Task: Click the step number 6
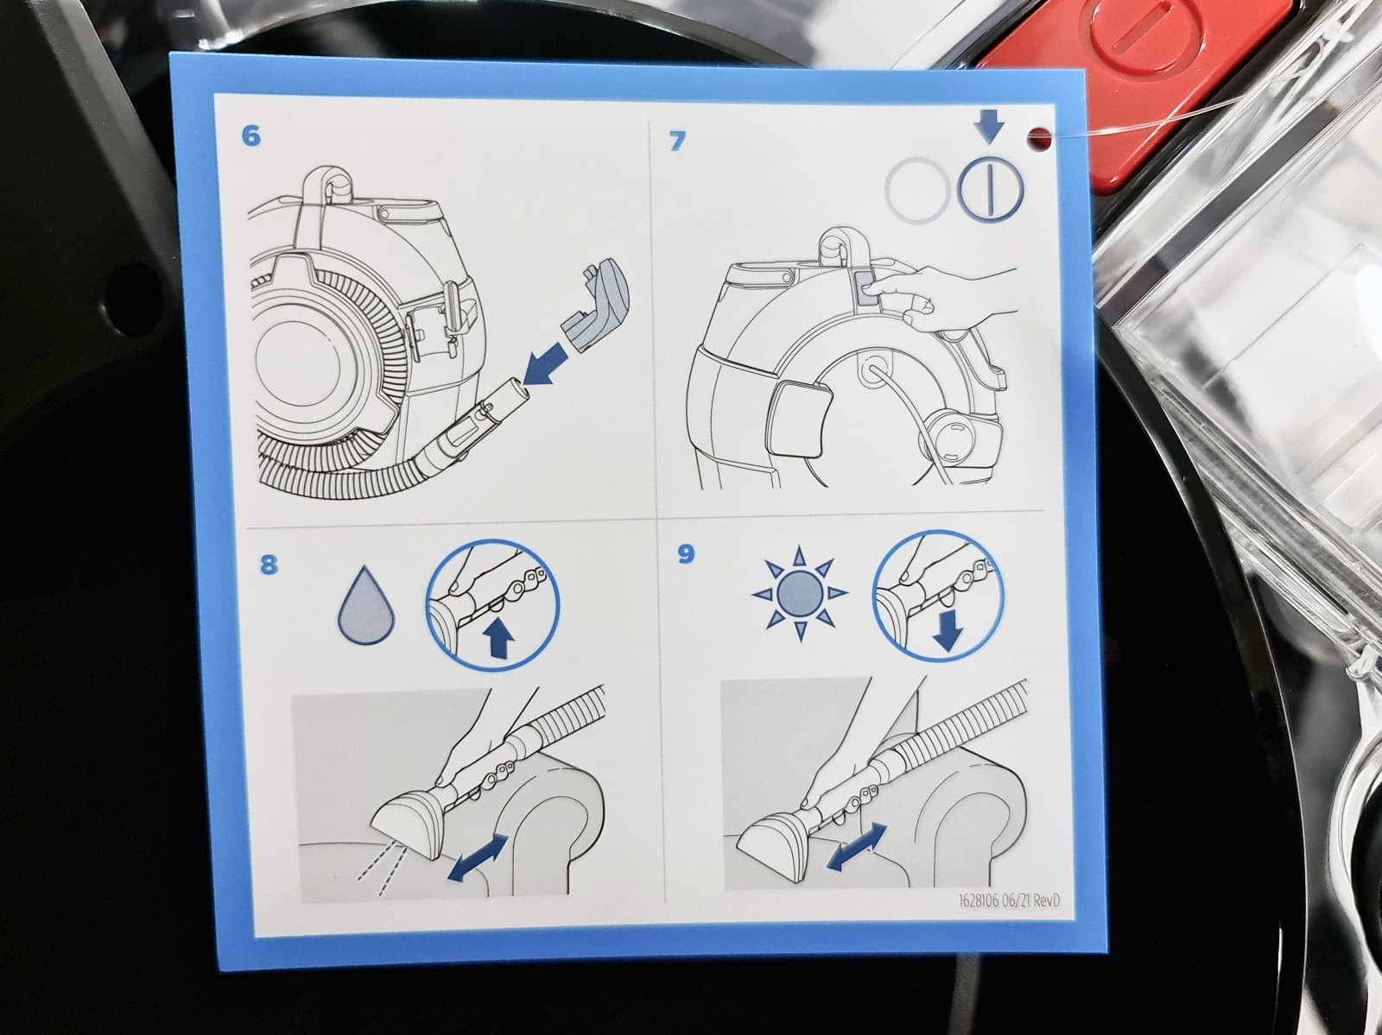tap(250, 136)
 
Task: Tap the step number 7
tap(676, 141)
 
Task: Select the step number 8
tap(269, 565)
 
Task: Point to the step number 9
tap(686, 554)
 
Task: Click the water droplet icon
tap(366, 605)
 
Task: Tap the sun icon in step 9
tap(800, 593)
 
